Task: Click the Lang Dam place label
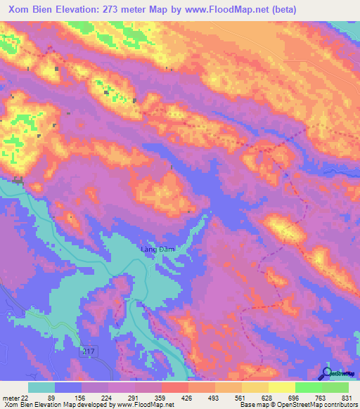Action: (157, 249)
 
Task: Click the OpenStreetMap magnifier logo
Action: (327, 374)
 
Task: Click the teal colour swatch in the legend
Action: (41, 387)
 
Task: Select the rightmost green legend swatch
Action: (335, 387)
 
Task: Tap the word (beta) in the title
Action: (281, 10)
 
